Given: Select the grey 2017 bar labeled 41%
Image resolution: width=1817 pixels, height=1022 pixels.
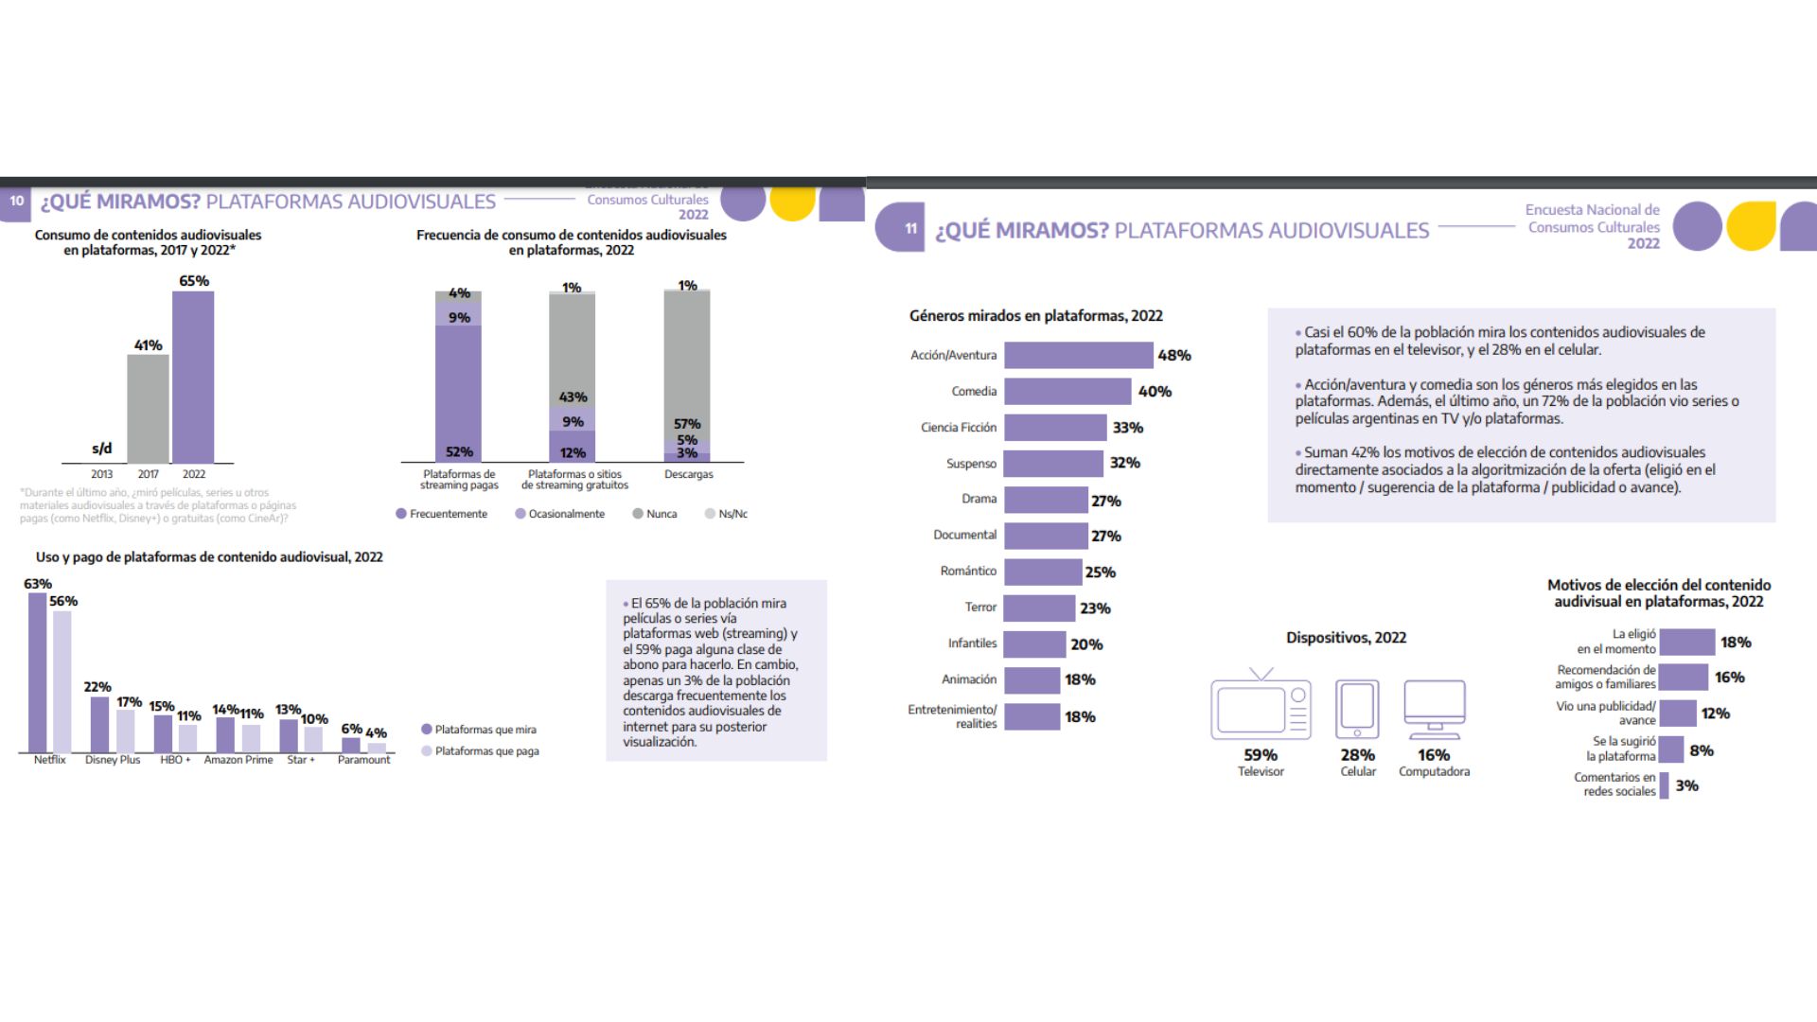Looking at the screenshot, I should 149,408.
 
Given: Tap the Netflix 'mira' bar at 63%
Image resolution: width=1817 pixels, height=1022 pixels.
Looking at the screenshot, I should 38,672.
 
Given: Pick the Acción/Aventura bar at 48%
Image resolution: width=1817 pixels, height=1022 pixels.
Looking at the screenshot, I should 1078,355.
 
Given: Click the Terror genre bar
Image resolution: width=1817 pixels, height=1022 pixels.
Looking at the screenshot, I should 1039,608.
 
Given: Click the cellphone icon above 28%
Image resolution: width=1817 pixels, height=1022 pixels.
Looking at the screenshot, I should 1357,708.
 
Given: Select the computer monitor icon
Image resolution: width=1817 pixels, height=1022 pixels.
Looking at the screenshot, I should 1435,708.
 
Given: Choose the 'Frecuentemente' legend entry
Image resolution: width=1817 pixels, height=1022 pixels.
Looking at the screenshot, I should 442,514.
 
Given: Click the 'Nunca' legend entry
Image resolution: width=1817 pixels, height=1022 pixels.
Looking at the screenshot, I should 655,514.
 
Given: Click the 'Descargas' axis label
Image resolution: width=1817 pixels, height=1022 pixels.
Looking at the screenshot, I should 688,474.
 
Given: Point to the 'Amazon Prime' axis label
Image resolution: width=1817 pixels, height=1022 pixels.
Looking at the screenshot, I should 238,760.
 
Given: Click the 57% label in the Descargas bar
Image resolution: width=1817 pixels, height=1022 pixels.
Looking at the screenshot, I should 687,424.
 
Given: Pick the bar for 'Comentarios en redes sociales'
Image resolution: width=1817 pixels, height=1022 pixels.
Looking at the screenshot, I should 1664,785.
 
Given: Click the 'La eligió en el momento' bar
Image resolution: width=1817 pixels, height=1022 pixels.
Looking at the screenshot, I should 1686,642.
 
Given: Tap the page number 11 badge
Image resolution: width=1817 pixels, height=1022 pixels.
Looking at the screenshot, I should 910,228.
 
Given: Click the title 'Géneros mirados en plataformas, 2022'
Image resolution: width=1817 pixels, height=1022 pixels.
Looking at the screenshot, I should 1036,316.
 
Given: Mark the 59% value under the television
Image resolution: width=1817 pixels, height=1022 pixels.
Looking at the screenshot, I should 1261,755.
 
